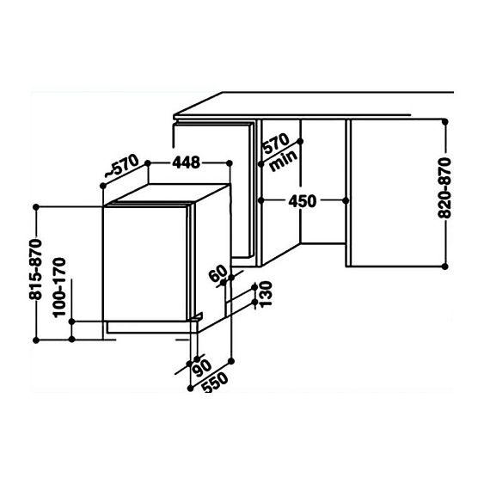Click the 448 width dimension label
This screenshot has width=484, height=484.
(187, 162)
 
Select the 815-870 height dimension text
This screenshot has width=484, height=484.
(35, 269)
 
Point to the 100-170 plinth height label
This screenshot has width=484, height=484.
(59, 287)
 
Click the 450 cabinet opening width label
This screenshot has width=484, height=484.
(303, 201)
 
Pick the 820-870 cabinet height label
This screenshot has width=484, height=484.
(444, 188)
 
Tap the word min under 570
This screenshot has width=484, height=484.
(284, 160)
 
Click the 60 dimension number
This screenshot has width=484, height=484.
(217, 273)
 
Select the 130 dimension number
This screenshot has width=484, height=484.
(266, 293)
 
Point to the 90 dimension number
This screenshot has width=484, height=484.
(201, 368)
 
